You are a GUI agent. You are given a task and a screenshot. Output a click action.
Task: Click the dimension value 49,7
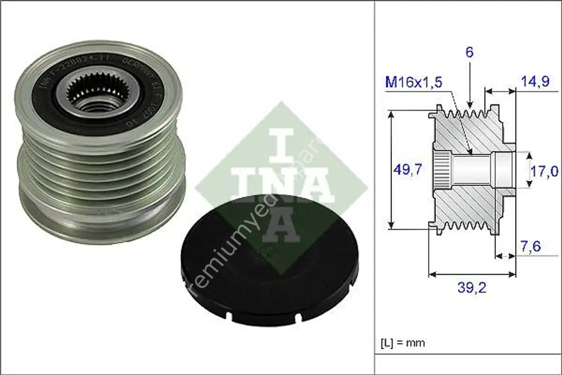(x=407, y=170)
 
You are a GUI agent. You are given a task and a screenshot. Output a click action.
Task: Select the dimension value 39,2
(x=471, y=288)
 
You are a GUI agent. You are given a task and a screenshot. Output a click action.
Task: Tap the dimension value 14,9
(x=535, y=81)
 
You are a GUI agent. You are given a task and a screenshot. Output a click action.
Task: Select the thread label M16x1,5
(x=414, y=82)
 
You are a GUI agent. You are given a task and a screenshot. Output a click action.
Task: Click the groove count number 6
(x=469, y=52)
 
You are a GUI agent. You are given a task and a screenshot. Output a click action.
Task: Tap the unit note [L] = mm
(x=403, y=343)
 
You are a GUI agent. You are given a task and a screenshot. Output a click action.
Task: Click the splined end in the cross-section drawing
(x=442, y=171)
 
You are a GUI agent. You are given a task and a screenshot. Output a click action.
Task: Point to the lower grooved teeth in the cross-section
(x=465, y=226)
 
